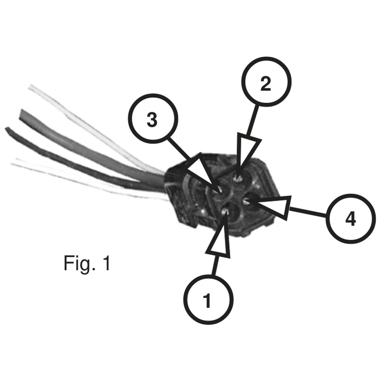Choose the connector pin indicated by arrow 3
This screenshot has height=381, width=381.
click(220, 190)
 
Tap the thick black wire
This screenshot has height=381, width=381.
click(80, 162)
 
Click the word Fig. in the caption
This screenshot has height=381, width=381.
click(79, 264)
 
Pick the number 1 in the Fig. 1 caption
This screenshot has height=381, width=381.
click(106, 263)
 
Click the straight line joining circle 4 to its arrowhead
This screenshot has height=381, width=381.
click(308, 212)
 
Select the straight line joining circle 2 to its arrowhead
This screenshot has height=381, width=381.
click(252, 120)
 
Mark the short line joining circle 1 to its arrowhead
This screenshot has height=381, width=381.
click(214, 265)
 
